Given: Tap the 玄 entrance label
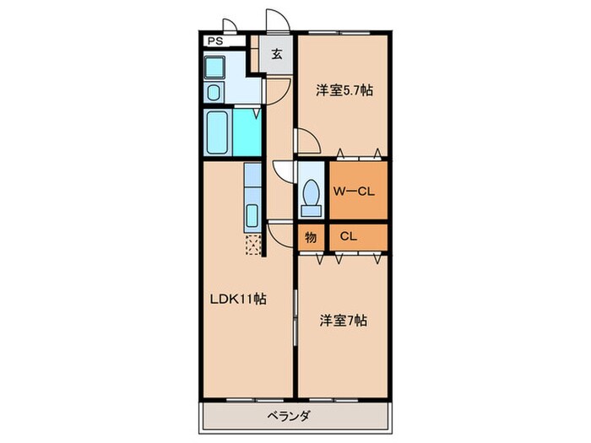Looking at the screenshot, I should click(x=276, y=56).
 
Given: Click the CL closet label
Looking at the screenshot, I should click(x=349, y=237).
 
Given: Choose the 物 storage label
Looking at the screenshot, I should click(x=311, y=237).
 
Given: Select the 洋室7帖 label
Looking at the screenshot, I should click(x=343, y=321).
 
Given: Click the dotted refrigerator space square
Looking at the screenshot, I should click(x=252, y=246).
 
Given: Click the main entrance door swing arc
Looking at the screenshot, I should click(x=278, y=24).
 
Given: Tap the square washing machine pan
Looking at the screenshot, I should click(x=214, y=68).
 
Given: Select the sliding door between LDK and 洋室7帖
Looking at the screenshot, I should click(x=295, y=316).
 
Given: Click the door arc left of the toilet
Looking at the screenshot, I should click(x=285, y=170).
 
